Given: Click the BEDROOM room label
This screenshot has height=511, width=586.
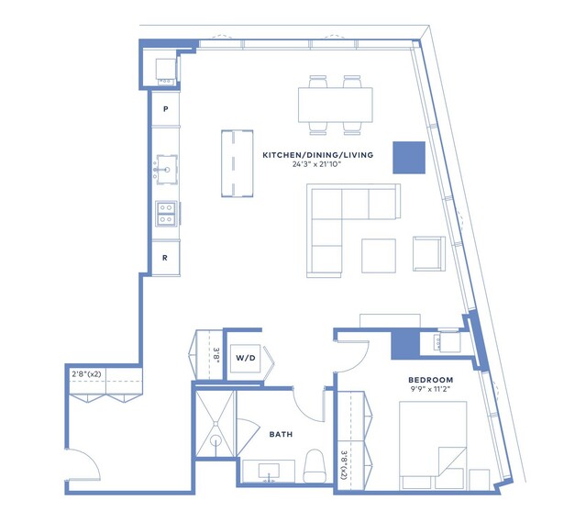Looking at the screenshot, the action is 430,380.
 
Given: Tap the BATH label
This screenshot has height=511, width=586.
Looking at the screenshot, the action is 281,434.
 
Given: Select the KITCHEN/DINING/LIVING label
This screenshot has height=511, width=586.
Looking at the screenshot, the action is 317,155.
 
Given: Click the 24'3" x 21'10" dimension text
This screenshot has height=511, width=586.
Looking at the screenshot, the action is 317,164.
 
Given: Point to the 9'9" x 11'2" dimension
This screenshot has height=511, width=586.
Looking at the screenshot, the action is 430,389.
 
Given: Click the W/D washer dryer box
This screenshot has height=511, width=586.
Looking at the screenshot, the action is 245,358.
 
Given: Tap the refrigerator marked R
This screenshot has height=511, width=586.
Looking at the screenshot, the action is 165,258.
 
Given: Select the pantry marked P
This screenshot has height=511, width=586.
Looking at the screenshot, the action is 166,109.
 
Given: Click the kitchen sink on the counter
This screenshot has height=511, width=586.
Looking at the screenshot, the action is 167,170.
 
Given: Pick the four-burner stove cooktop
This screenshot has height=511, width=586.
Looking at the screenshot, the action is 167,214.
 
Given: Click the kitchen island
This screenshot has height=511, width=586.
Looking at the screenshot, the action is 237,163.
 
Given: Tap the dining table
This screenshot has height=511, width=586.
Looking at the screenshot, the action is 336,105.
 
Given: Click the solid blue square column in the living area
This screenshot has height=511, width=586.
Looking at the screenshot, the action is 409,158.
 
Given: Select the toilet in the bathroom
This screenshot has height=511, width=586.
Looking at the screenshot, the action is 315,466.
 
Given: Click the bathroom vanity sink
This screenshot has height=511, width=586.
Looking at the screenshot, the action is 269,472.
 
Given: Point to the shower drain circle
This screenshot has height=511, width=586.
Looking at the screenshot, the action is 216,440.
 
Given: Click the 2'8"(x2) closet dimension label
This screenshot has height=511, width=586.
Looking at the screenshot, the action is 86,373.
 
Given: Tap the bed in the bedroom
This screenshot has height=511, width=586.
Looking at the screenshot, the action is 433,445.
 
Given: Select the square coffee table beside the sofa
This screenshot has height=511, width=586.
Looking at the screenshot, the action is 379,256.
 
